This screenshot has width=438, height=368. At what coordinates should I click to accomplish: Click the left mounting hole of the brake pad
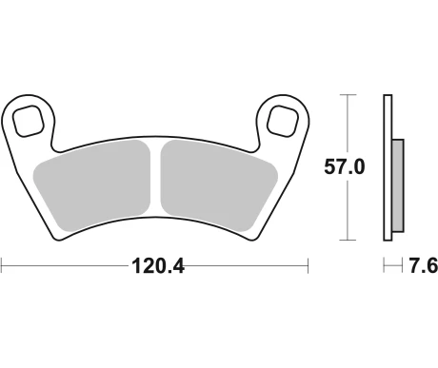30,119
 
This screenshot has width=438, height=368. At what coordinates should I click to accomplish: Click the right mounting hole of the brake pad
281,119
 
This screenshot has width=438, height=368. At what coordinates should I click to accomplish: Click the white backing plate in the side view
388,166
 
